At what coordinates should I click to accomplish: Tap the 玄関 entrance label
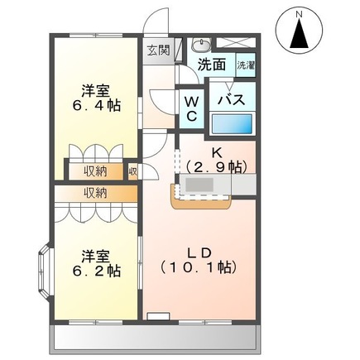[x=158, y=50]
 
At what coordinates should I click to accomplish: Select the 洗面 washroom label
[x=212, y=64]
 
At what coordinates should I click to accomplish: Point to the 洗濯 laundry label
[x=246, y=65]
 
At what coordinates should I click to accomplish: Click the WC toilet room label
[x=191, y=108]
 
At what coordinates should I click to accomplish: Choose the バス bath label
[x=229, y=99]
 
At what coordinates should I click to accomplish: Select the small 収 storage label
[x=132, y=171]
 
